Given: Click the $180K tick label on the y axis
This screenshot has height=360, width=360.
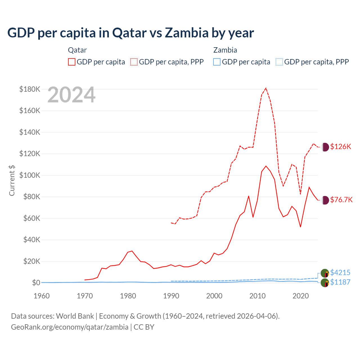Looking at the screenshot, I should point(30,89).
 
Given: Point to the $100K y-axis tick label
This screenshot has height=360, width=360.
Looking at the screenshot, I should point(30,175).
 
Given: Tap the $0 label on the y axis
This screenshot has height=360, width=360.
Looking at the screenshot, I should point(36,283).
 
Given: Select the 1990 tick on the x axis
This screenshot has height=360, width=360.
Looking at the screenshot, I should point(171,296).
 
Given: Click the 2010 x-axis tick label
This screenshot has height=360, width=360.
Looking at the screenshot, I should point(257,296).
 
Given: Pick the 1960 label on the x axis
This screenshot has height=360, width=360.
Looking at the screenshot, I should point(42,296).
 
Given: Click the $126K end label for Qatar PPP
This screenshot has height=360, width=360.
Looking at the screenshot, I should point(341,147).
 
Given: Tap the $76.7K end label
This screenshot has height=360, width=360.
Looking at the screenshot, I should point(341,200).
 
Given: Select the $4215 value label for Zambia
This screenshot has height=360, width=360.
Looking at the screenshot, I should point(340,273).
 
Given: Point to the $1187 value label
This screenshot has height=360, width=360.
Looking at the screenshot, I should point(340,282).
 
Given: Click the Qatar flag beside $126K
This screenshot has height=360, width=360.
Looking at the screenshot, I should point(325,147).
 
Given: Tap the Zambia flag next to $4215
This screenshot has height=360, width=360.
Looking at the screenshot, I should point(325,273).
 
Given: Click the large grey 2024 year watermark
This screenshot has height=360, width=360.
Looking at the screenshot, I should point(71,95).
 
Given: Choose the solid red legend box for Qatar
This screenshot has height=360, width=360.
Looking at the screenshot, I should point(72,62).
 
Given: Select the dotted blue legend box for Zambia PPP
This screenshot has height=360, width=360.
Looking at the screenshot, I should point(279,62).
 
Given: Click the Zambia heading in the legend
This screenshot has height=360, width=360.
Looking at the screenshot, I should point(225,50).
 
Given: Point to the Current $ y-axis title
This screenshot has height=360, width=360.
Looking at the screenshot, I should point(12,180).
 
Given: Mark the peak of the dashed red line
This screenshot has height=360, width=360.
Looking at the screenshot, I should point(266,88).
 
